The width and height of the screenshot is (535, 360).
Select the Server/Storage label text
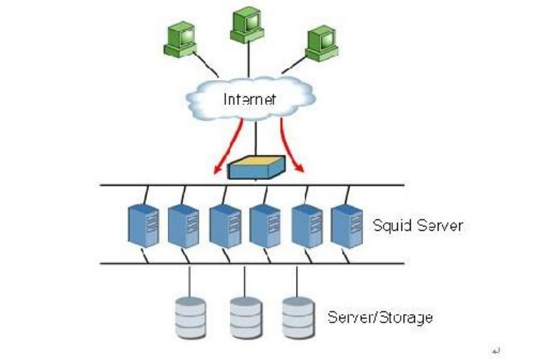point(379,316)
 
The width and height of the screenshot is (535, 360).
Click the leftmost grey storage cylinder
point(190,319)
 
